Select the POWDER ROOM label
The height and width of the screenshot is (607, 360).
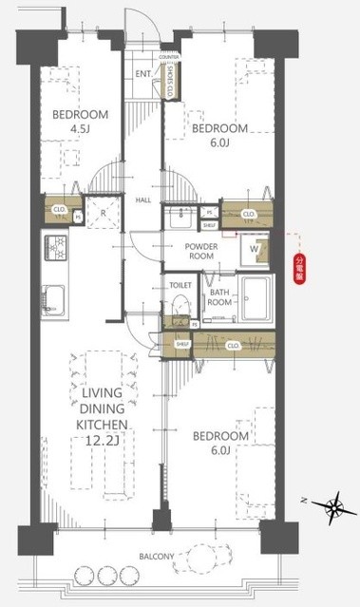(202, 252)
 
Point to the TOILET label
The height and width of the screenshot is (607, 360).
(180, 285)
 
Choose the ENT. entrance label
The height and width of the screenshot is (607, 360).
(143, 74)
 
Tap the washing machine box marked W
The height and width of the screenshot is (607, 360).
(256, 250)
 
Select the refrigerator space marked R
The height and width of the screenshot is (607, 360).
(103, 214)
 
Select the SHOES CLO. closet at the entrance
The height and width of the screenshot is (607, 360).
(169, 79)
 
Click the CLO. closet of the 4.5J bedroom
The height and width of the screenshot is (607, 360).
(59, 209)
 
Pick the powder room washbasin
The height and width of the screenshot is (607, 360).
(177, 218)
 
